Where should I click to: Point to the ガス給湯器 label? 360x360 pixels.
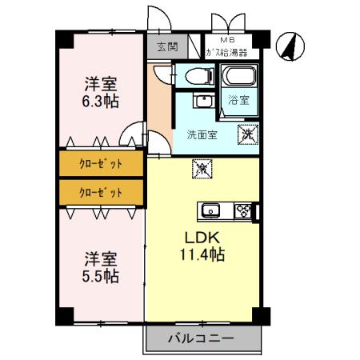point(226,52)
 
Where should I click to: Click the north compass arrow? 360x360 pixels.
point(290,47)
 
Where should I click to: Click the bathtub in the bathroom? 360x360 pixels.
point(239,79)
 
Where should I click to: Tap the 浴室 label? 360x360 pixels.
point(238,101)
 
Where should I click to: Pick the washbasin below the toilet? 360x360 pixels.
point(202,102)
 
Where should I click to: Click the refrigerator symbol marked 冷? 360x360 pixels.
point(202,170)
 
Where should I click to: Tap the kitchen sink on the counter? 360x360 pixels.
point(210,211)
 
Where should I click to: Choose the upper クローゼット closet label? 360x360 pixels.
point(101,164)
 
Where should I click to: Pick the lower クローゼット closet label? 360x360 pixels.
point(101,192)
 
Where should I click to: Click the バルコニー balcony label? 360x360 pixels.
point(201,338)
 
